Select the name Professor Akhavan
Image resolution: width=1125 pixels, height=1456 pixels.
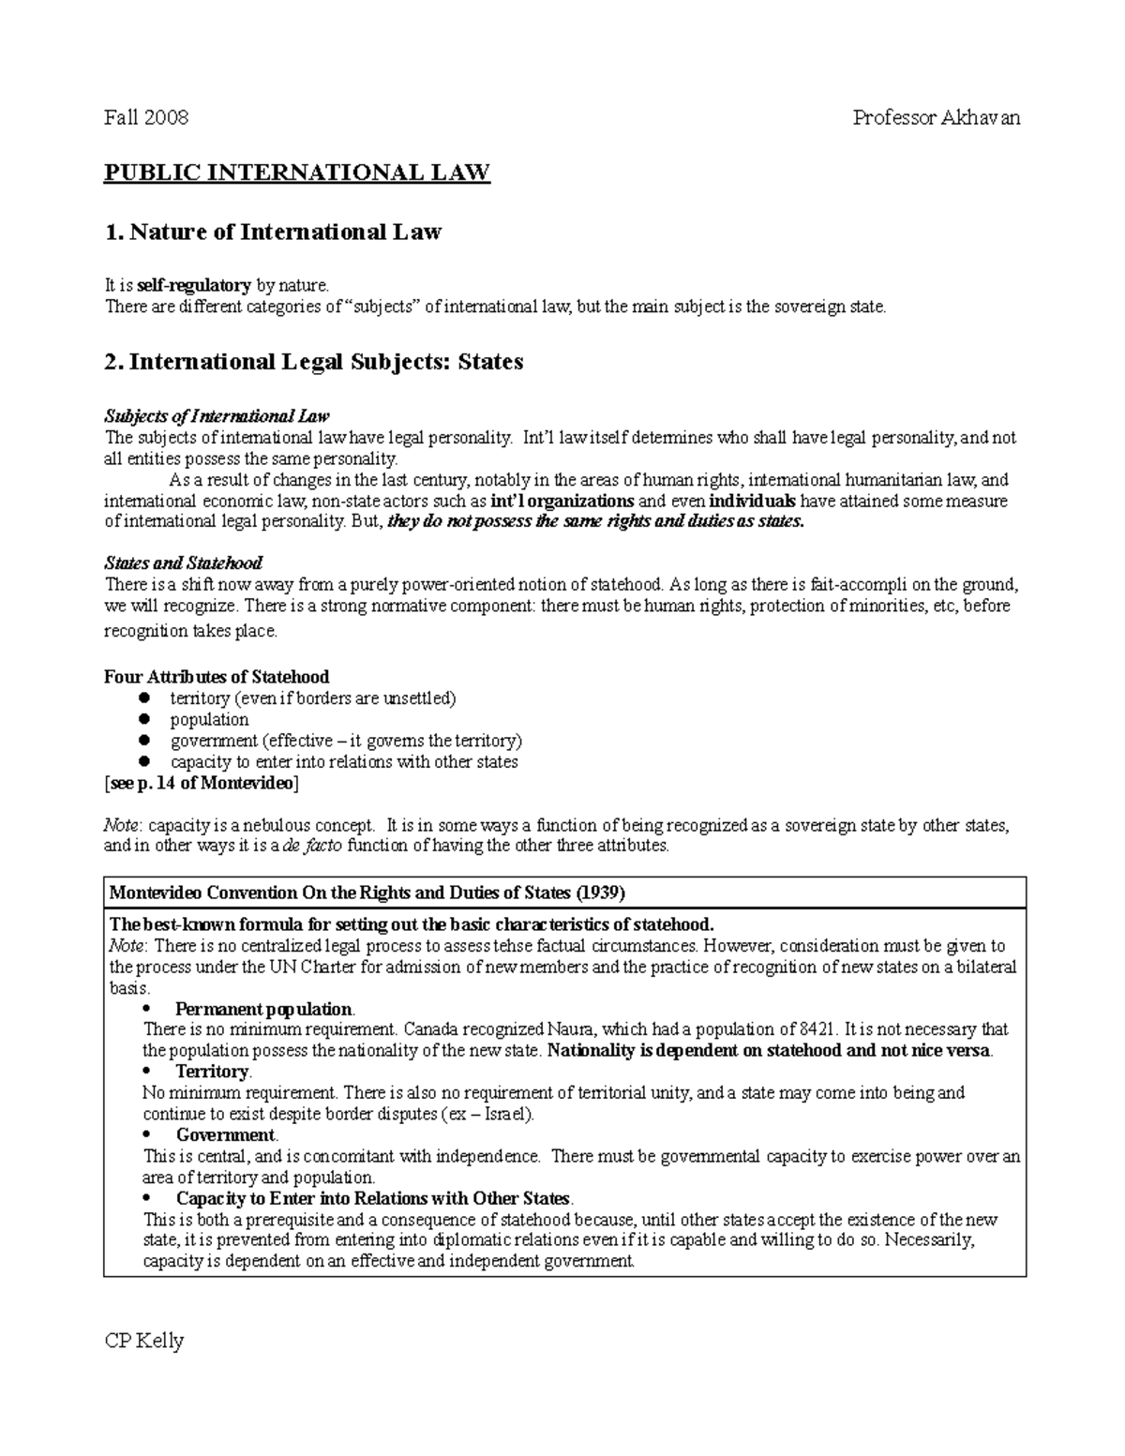936,117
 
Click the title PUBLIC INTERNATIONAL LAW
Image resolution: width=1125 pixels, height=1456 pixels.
296,173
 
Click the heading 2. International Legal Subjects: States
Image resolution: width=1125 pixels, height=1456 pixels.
313,362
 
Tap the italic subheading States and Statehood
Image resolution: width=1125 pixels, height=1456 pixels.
183,563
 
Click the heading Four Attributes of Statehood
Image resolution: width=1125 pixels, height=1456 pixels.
217,677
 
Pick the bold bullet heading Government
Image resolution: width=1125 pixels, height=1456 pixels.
226,1135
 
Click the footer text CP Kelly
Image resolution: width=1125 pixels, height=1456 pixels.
143,1341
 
